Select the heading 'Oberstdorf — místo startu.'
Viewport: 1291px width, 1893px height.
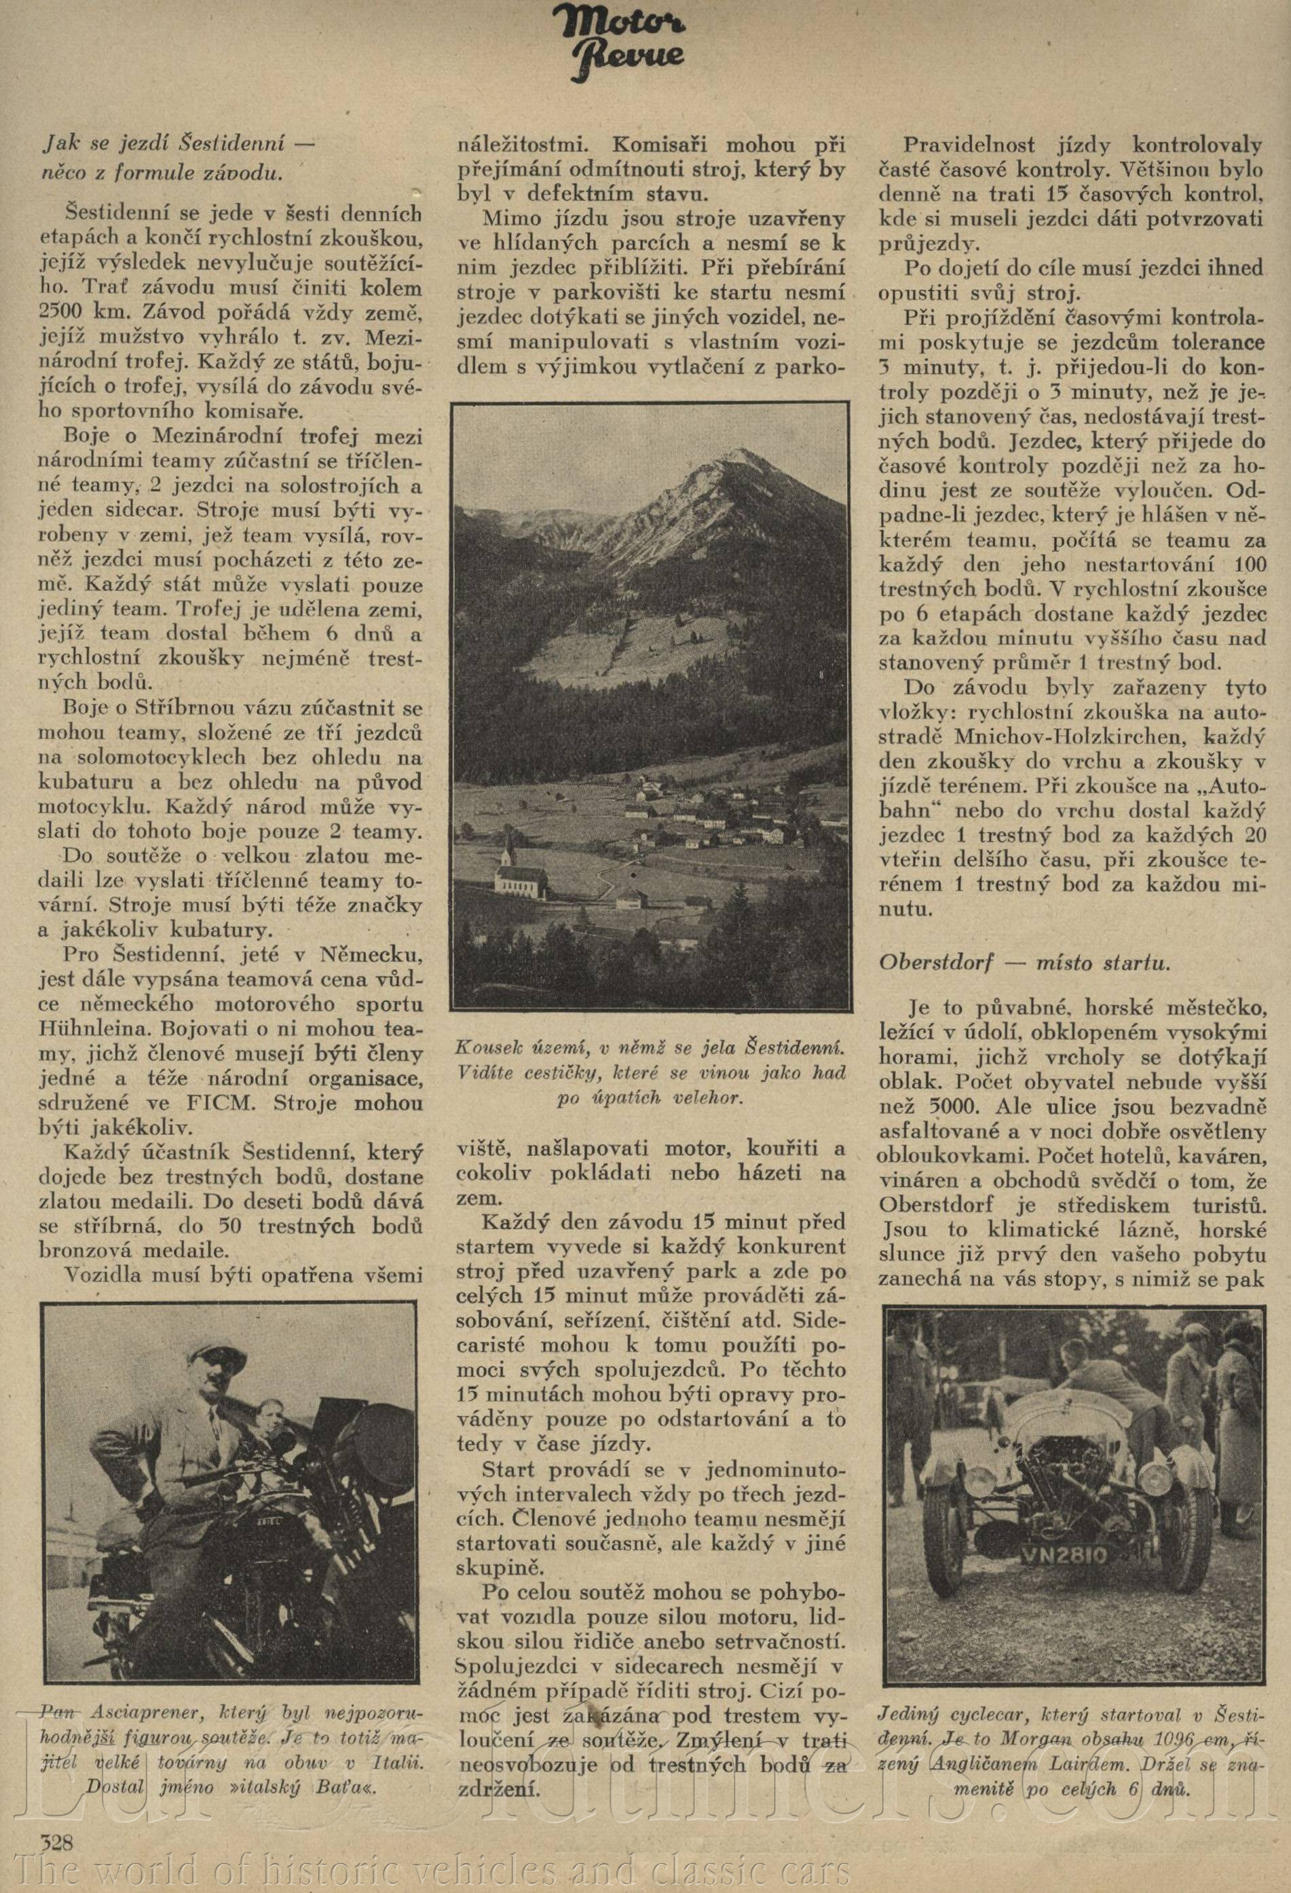coord(1024,962)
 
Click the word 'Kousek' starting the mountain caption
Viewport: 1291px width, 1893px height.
coord(490,1045)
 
